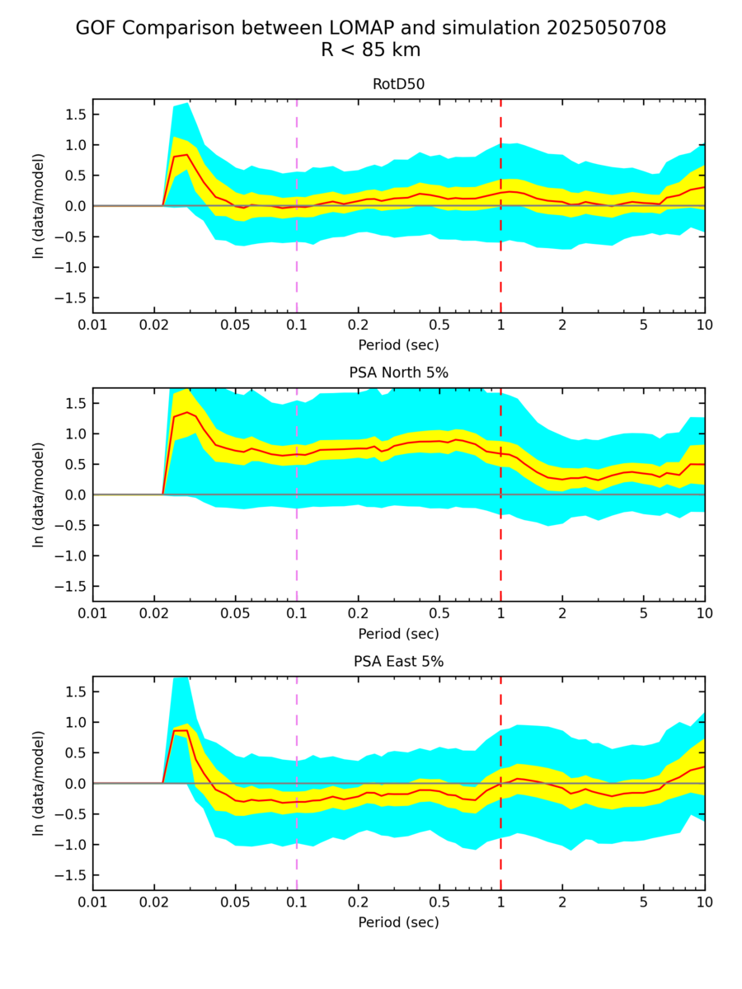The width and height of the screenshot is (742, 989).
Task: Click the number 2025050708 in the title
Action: pos(606,28)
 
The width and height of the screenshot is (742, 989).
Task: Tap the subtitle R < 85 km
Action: pos(371,49)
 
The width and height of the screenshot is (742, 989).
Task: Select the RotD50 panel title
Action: pos(398,83)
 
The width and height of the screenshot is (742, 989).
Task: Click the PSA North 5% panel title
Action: pos(398,373)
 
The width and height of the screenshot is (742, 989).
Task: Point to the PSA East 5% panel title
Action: pos(398,661)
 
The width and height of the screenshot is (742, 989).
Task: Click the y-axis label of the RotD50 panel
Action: pos(38,205)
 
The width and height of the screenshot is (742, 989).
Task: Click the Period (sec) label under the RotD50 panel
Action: pos(398,345)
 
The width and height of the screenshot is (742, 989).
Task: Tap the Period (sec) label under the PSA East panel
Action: pos(398,922)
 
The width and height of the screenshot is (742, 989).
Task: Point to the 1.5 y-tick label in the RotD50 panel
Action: pos(75,115)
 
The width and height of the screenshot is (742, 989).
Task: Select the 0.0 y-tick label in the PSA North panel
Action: pos(75,494)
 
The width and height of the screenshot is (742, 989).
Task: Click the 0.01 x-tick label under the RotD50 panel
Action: pos(92,324)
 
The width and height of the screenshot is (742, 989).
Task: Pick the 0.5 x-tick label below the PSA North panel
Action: pos(439,613)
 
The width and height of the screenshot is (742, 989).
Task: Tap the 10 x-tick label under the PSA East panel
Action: pos(704,902)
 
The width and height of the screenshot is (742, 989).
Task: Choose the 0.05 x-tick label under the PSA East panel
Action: pos(235,902)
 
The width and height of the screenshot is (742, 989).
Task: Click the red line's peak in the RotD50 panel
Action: pos(188,154)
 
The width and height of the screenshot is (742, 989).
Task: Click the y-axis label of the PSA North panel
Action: pos(38,494)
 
